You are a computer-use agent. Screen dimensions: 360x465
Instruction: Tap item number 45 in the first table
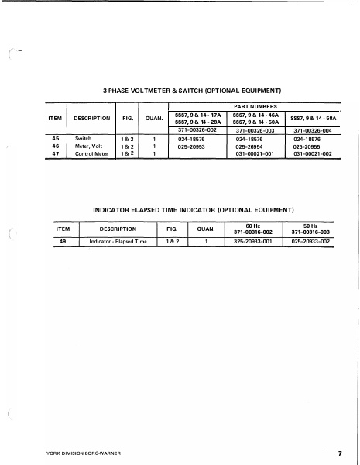55,139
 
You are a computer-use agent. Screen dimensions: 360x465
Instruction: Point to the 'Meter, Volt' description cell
89,146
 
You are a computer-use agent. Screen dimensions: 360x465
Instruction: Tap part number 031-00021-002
313,153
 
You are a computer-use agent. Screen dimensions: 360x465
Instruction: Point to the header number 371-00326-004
313,131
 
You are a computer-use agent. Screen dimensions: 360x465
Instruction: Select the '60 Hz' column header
253,226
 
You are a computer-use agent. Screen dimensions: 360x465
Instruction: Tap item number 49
63,242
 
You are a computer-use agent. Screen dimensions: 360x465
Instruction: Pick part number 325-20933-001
253,242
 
